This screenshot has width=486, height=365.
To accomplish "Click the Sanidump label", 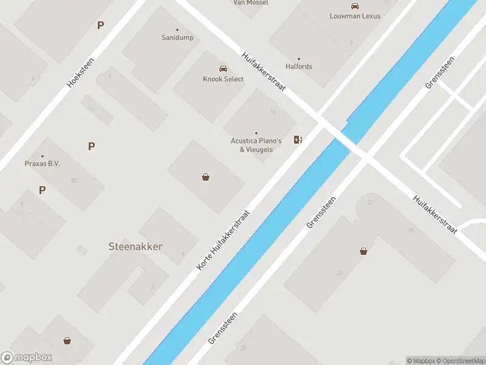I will pyautogui.click(x=177, y=38).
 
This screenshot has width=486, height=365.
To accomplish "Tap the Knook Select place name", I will pyautogui.click(x=223, y=79).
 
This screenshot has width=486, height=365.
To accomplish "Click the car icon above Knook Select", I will pyautogui.click(x=223, y=69).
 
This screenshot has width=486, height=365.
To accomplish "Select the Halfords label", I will pyautogui.click(x=299, y=66).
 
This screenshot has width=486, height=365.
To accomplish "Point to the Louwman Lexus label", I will pyautogui.click(x=355, y=16).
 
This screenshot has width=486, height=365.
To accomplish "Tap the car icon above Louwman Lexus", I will pyautogui.click(x=355, y=5).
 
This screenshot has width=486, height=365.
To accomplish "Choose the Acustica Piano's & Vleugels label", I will pyautogui.click(x=256, y=145).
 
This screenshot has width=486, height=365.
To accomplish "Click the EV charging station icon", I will pyautogui.click(x=298, y=140).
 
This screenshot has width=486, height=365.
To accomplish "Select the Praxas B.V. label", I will pyautogui.click(x=42, y=164).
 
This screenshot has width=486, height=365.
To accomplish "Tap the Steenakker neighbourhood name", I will pyautogui.click(x=135, y=246).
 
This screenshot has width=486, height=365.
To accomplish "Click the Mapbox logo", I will pyautogui.click(x=27, y=358).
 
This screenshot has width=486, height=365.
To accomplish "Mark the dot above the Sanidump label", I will pyautogui.click(x=177, y=30).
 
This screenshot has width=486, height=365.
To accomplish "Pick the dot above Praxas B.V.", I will pyautogui.click(x=42, y=156).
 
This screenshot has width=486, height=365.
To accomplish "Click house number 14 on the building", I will pyautogui.click(x=273, y=111).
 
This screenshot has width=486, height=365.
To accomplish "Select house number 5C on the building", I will pyautogui.click(x=74, y=180).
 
